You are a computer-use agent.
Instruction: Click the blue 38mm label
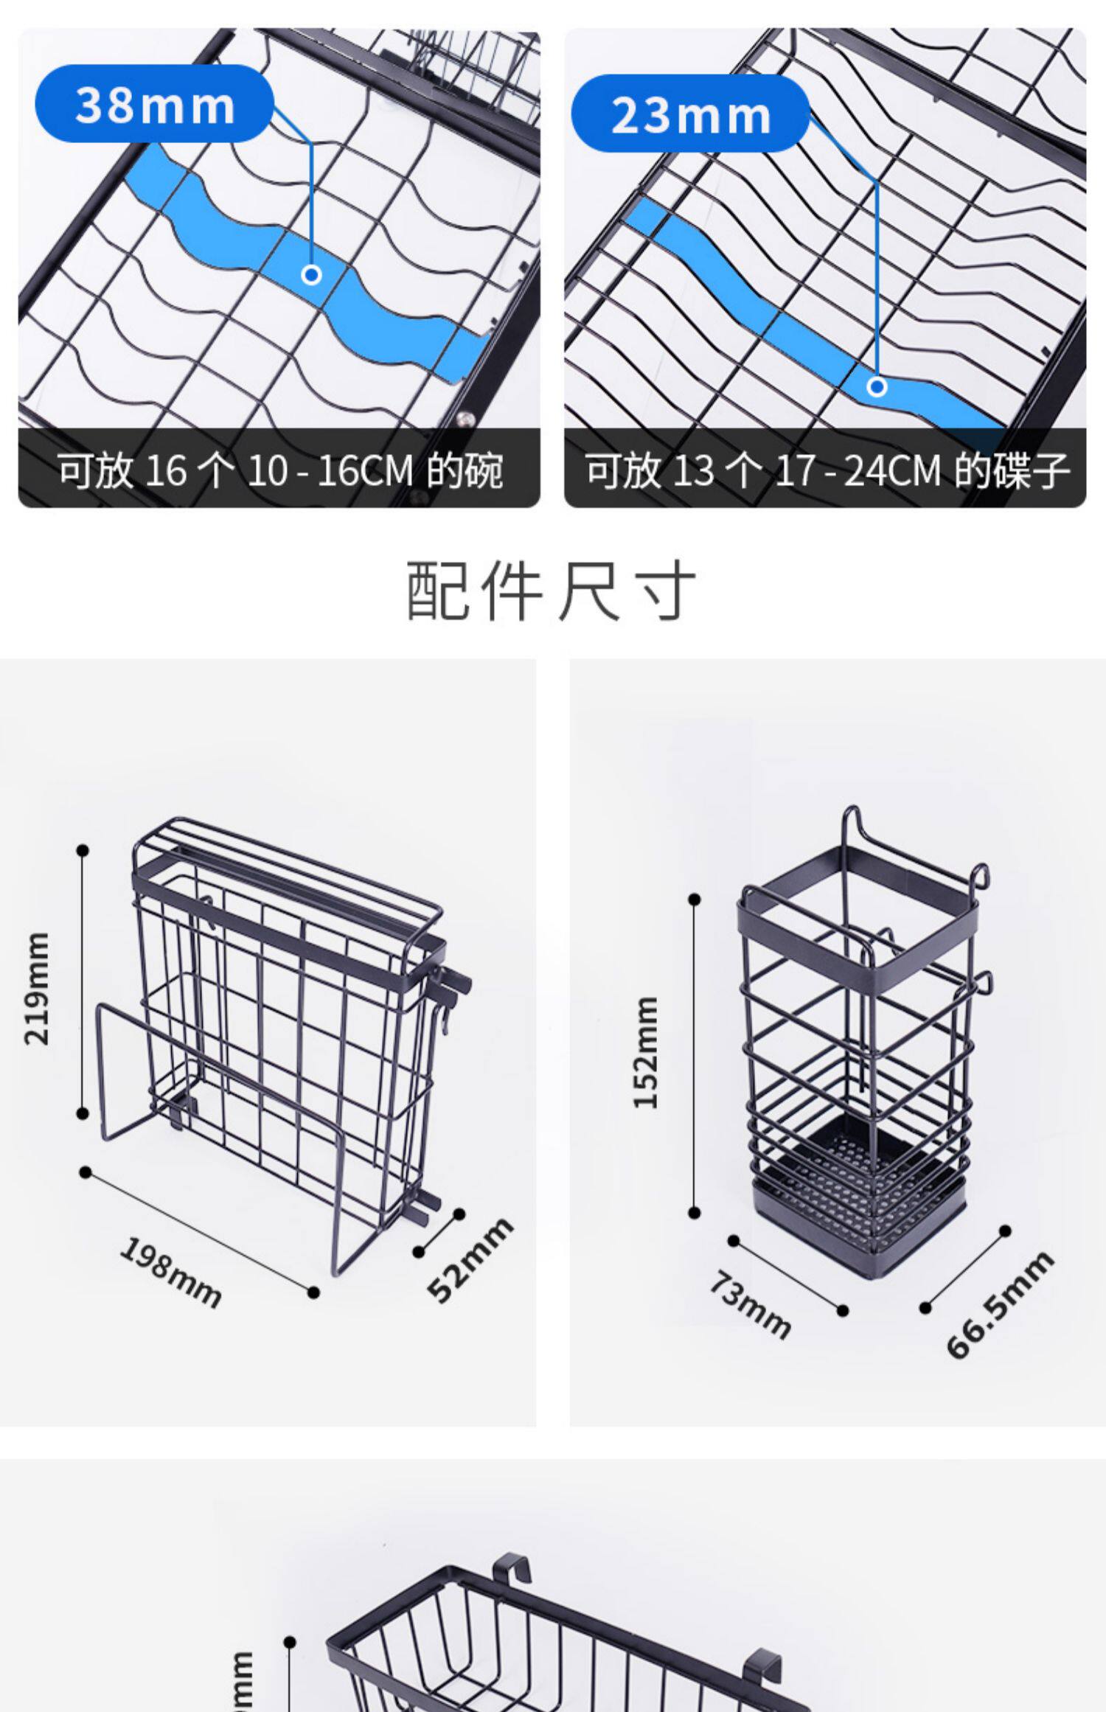pos(154,104)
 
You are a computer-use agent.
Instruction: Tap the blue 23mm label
pos(690,114)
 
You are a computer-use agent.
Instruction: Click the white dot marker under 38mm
pos(311,275)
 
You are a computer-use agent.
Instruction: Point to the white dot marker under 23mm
pos(877,386)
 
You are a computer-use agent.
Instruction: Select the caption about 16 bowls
pos(279,470)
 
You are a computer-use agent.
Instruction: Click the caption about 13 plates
pos(826,470)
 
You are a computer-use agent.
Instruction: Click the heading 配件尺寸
pos(551,591)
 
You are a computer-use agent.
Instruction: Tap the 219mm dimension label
pos(38,989)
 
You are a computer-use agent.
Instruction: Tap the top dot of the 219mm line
pos(83,851)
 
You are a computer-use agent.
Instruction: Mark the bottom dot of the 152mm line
pos(694,1212)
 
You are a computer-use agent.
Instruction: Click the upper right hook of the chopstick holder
pos(980,877)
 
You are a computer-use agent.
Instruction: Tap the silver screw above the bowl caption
pos(465,420)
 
